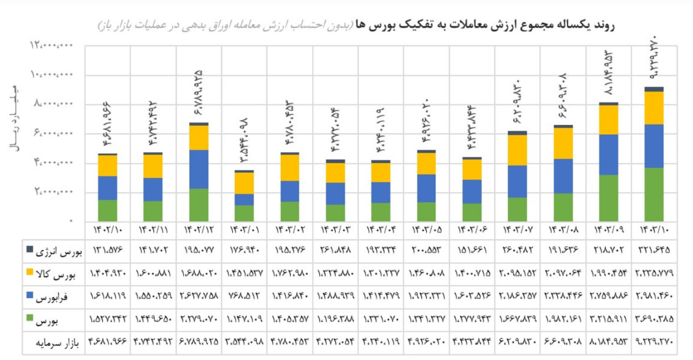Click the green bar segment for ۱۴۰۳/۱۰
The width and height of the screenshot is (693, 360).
[x=654, y=194]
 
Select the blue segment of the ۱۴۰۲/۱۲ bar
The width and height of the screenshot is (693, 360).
[x=199, y=169]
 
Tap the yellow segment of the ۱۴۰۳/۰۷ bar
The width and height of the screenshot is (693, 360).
[x=517, y=149]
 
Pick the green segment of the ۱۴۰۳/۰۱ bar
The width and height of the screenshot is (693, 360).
[x=245, y=213]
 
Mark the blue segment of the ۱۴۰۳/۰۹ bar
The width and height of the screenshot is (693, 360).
[x=609, y=154]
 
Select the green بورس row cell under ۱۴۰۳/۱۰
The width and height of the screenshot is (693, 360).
[x=654, y=320]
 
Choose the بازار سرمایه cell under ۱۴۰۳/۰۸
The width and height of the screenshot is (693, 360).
[x=563, y=343]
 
